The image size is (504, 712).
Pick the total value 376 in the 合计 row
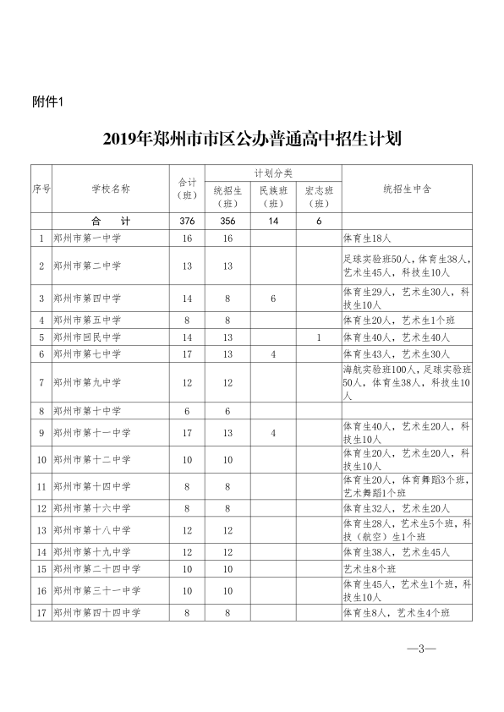187,221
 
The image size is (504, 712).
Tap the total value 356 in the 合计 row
227,221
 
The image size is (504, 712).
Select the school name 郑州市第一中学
86,239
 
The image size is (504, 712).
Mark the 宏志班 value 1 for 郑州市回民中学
318,337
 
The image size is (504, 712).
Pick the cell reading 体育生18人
366,239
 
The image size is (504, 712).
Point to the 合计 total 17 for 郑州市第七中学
187,353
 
